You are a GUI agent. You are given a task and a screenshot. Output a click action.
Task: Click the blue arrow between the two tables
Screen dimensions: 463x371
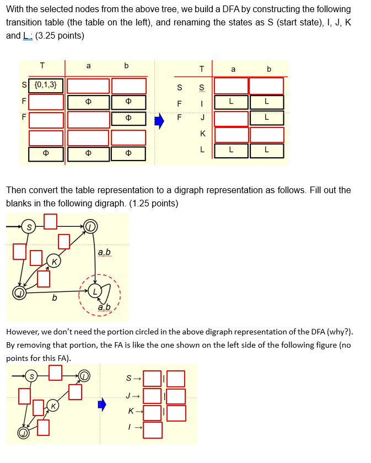[159, 121]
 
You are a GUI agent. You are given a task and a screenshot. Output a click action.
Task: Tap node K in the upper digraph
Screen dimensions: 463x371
[54, 260]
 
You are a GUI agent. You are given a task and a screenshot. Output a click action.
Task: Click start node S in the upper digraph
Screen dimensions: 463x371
[29, 226]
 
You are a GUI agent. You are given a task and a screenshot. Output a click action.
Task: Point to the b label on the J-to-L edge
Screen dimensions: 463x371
[54, 298]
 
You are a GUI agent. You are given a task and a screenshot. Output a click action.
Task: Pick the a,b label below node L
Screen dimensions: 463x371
[104, 307]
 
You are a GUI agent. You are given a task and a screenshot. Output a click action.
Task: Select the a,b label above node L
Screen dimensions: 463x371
[104, 253]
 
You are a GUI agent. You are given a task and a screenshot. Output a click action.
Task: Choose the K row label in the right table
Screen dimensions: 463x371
[202, 134]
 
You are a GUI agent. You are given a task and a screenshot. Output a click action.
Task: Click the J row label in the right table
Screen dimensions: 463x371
[202, 118]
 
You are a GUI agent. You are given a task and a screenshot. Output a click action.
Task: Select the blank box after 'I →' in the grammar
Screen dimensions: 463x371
[153, 429]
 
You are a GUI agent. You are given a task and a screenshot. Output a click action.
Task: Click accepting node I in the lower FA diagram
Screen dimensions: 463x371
[83, 376]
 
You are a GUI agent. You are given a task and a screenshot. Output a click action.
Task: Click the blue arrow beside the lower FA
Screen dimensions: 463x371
[101, 405]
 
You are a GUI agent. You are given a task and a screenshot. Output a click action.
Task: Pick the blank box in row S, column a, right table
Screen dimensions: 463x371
[231, 86]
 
